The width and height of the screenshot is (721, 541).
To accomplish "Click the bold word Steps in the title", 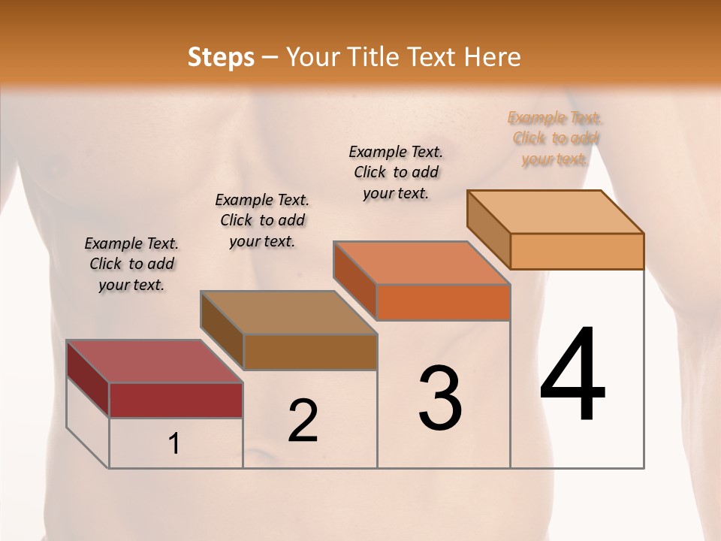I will click(x=221, y=57).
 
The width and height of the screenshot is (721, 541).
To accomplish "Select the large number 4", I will click(x=572, y=375).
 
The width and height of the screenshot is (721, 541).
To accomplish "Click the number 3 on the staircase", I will click(x=440, y=398).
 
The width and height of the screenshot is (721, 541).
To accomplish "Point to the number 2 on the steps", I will click(x=303, y=420).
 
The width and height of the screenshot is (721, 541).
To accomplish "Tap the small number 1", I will click(x=174, y=443).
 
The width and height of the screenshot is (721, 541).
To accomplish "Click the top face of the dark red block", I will click(x=153, y=361).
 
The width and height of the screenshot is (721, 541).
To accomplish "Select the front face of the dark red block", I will click(x=176, y=400).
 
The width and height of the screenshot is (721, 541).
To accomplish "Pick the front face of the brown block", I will click(x=310, y=352).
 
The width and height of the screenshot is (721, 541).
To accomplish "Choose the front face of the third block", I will click(x=443, y=302).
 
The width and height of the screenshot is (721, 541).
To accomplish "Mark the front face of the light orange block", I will click(x=577, y=251).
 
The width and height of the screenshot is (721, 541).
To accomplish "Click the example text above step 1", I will click(x=131, y=264).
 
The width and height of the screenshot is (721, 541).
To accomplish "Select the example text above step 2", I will click(x=262, y=220).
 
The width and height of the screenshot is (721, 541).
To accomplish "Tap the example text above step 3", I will click(x=396, y=172).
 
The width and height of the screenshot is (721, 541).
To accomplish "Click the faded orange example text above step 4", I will click(x=555, y=138).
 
